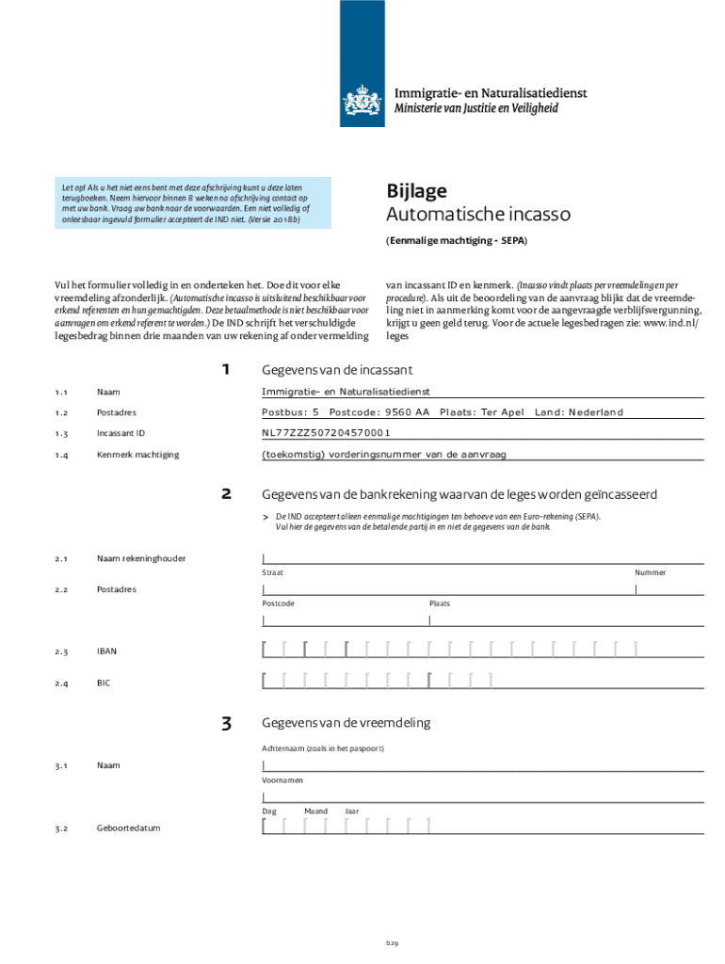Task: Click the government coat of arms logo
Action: point(362,100)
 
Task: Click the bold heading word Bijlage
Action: point(417,190)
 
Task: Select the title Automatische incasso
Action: point(478,215)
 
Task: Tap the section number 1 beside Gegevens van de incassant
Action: point(226,369)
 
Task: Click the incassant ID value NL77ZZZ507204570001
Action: point(326,433)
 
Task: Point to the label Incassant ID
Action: point(121,434)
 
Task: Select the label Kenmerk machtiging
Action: point(137,455)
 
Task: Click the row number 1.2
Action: point(61,413)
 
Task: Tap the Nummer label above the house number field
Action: point(650,572)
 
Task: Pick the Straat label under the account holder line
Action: point(272,572)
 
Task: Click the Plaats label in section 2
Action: point(440,603)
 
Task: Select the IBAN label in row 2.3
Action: point(107,651)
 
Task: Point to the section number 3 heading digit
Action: point(226,724)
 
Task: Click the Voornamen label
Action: point(282,780)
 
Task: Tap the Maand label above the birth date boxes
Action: point(315,811)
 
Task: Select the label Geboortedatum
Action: point(128,828)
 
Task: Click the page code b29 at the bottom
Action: point(392,942)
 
